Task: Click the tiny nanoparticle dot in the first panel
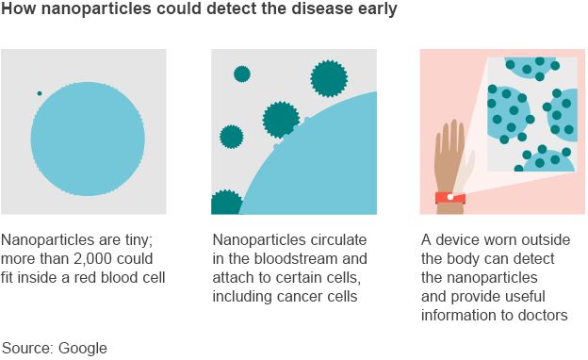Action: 40,93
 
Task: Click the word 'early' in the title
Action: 375,11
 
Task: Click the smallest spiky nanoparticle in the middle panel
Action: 242,74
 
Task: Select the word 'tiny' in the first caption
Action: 143,239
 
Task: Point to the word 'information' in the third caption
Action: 461,315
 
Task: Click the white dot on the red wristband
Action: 449,197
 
